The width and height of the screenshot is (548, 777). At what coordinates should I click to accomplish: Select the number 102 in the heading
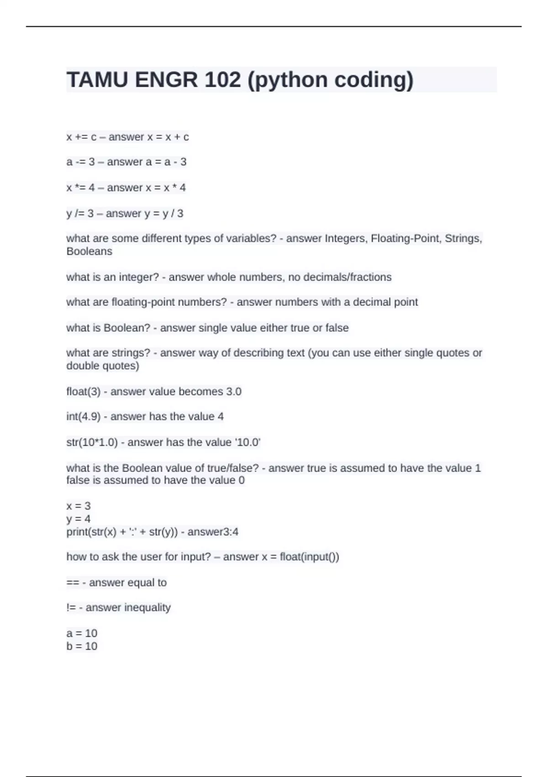tap(222, 80)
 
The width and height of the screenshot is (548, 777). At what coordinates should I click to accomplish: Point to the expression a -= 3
tap(80, 162)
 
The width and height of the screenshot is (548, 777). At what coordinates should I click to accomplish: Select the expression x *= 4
tap(80, 188)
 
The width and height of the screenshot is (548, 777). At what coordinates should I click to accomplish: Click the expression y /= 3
tap(80, 213)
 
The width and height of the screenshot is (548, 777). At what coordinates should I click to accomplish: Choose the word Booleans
tap(89, 251)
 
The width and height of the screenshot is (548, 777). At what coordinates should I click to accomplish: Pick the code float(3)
tap(83, 392)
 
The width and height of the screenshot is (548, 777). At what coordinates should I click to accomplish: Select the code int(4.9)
tap(83, 417)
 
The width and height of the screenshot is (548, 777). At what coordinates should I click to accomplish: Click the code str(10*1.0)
tap(92, 442)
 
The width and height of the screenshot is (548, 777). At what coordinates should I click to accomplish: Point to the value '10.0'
tap(248, 442)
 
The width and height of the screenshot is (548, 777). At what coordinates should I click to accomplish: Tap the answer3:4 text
tap(213, 532)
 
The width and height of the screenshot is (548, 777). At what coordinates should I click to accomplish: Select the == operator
tap(73, 583)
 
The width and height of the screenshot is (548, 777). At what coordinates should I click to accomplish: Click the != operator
tap(71, 608)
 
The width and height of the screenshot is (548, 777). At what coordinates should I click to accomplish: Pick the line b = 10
tap(82, 646)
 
